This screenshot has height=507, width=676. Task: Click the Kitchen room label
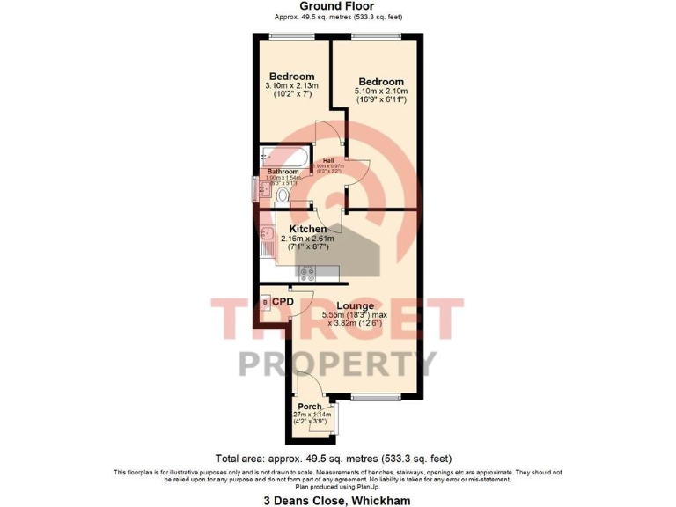coord(302,229)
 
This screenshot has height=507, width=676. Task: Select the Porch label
coord(309,406)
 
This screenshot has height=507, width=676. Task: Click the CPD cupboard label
coord(283,301)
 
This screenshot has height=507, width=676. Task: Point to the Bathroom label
coord(283,171)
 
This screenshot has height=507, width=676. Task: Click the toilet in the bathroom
coord(283,195)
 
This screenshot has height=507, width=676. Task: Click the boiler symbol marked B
coord(266,302)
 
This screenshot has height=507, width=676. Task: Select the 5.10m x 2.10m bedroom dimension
coord(381,92)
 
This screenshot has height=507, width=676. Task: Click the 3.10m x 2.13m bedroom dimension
coord(291,85)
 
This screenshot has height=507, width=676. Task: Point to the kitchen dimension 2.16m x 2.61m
coord(303,239)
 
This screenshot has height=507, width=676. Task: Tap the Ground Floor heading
coord(337,6)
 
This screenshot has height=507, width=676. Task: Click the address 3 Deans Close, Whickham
coord(337,501)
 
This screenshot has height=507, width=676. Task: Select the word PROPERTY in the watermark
coord(337,361)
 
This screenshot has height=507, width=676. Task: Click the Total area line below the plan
coord(334,458)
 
